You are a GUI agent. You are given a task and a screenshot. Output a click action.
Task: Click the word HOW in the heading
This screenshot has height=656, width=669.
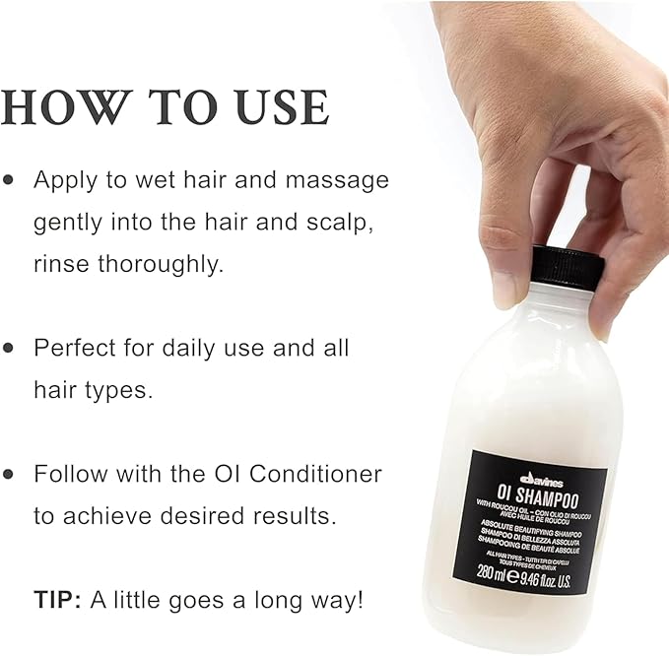pyautogui.click(x=64, y=107)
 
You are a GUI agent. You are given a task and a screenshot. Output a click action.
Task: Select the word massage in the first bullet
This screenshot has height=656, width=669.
pyautogui.click(x=337, y=181)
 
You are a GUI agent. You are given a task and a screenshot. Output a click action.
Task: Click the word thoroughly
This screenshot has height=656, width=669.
pyautogui.click(x=161, y=264)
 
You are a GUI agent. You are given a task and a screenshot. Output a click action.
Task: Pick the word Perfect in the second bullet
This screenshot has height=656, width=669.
pyautogui.click(x=74, y=348)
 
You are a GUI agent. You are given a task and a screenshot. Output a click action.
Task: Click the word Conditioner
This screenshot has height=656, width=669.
pyautogui.click(x=315, y=474)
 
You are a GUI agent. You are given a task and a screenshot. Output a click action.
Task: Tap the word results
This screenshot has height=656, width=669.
pyautogui.click(x=294, y=516)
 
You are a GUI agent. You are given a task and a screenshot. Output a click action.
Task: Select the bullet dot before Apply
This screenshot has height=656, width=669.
pyautogui.click(x=8, y=179)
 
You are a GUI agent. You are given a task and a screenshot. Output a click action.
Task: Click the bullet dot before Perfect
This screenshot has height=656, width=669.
pyautogui.click(x=8, y=348)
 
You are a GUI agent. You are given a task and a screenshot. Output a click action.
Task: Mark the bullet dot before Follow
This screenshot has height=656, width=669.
pyautogui.click(x=8, y=474)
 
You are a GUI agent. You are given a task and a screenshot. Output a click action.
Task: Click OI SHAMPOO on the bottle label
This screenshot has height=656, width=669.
pyautogui.click(x=537, y=496)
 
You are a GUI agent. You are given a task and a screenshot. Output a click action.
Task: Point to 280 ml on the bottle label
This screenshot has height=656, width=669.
pyautogui.click(x=490, y=572)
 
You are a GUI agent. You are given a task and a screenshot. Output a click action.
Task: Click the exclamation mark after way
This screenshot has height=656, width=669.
pyautogui.click(x=360, y=599)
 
